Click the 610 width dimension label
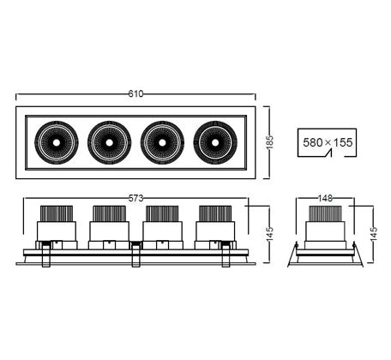(135, 93)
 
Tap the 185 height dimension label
(269, 142)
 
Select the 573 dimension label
(135, 198)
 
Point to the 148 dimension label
(325, 198)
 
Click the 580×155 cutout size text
(328, 142)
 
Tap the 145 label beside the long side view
(269, 234)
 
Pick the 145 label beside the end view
(373, 234)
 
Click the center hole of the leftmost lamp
(57, 142)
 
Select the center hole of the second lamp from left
(109, 142)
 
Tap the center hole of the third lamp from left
(162, 142)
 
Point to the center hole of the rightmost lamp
(215, 142)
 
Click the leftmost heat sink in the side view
(57, 213)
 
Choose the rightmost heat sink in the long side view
(215, 213)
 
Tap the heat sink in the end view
(325, 213)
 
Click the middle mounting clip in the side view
(135, 255)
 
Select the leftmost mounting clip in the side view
(46, 255)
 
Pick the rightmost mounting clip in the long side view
(226, 255)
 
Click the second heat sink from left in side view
(109, 213)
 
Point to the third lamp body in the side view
(162, 231)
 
